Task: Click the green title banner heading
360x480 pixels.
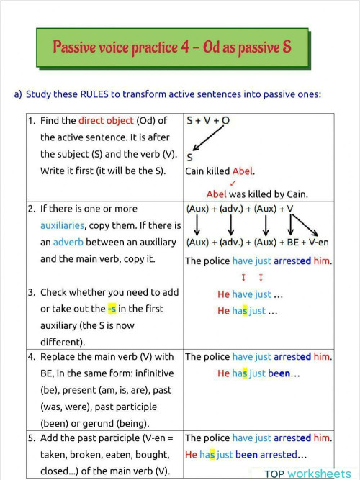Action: (x=172, y=47)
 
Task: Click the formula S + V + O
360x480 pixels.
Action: (x=208, y=121)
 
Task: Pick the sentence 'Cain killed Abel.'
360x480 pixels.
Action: (x=220, y=171)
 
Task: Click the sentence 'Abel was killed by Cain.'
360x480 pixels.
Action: (x=257, y=194)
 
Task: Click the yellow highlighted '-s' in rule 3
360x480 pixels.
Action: (x=112, y=309)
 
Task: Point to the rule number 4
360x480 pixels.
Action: (x=32, y=356)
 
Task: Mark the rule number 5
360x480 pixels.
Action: (x=32, y=438)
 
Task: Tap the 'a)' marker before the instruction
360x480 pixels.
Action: (x=18, y=94)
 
